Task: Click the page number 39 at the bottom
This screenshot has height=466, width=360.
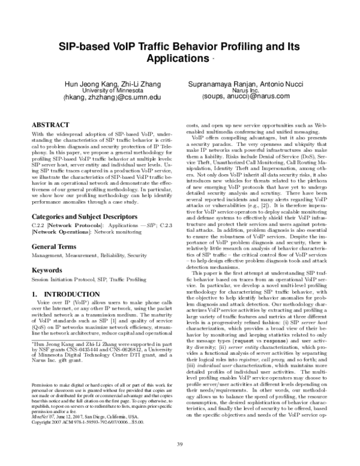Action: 179,444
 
